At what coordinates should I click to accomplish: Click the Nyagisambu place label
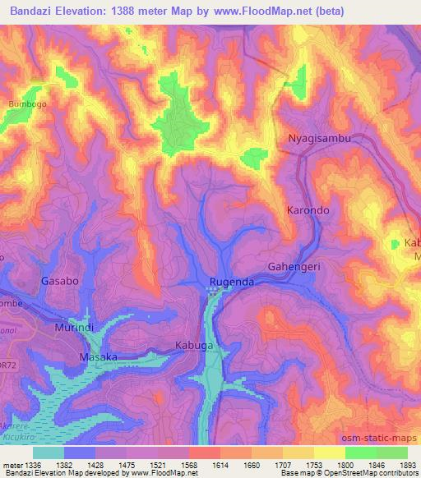pos(319,138)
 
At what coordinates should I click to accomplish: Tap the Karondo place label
pos(308,210)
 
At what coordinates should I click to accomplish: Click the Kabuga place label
pos(195,346)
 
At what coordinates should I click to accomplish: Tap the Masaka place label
pos(98,357)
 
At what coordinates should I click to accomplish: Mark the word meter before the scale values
pos(12,466)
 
